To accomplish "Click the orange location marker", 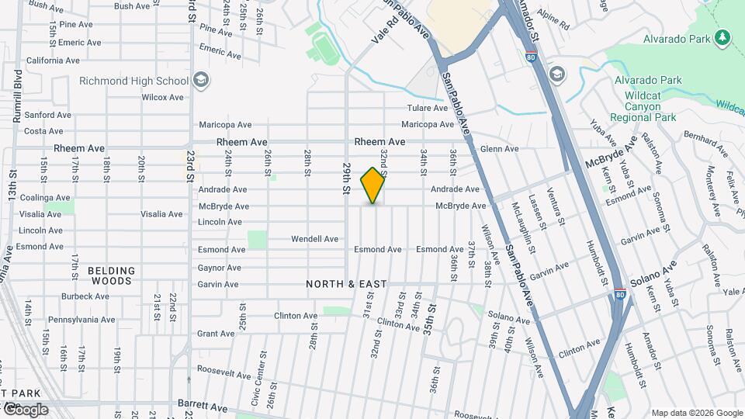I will tap(373, 185).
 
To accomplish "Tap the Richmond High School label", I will tap(133, 81).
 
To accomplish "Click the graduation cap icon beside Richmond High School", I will tap(201, 80).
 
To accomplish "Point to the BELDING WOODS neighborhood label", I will tap(111, 275).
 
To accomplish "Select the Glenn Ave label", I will tap(499, 149).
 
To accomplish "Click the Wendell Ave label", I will tap(314, 239).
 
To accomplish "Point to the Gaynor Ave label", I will tap(219, 268).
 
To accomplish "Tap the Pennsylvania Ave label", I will tap(81, 320).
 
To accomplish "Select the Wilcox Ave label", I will tap(162, 98).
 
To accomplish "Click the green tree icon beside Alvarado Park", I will tap(722, 37).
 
